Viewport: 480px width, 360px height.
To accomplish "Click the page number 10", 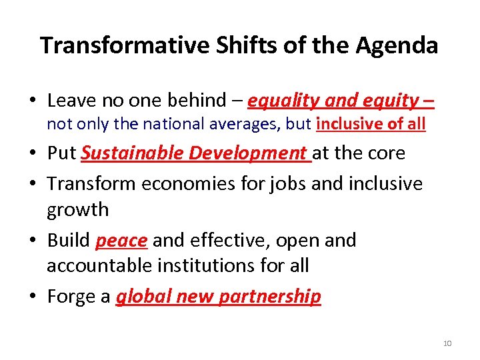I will [x=447, y=343].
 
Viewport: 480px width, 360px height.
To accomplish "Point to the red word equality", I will [x=283, y=101].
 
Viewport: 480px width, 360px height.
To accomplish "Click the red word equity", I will [x=392, y=101].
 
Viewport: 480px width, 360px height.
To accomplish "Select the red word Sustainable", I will [x=132, y=153].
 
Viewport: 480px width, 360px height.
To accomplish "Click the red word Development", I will [x=247, y=153].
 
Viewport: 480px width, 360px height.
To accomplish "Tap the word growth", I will [x=77, y=209].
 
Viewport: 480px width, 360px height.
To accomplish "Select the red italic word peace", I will [x=121, y=240].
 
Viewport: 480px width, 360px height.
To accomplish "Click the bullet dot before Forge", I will [x=32, y=297].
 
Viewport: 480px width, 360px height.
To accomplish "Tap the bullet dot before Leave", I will [x=32, y=101].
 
